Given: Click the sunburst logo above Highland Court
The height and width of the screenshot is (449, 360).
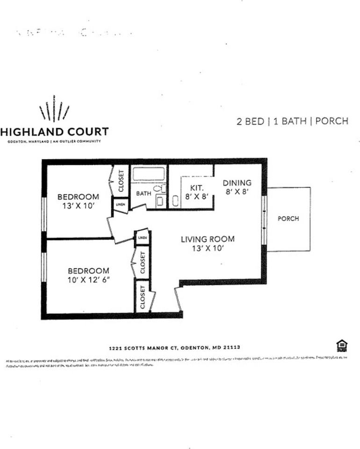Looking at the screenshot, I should click(x=54, y=109).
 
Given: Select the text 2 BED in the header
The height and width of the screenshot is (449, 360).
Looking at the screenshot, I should click(x=250, y=121).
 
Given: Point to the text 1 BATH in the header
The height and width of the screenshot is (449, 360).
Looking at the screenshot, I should click(x=289, y=121).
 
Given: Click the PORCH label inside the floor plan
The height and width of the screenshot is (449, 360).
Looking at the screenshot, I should click(x=288, y=218).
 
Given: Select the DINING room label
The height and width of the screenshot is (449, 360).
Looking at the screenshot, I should click(x=237, y=183).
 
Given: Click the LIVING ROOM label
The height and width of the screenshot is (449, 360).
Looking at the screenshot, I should click(x=208, y=239).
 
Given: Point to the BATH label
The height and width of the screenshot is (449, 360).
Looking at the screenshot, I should click(x=143, y=193).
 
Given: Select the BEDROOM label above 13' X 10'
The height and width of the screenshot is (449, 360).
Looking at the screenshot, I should click(x=78, y=197).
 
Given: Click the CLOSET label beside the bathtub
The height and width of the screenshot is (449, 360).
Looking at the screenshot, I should click(x=121, y=180).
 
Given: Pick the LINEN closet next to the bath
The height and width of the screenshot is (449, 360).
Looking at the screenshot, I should click(x=120, y=205).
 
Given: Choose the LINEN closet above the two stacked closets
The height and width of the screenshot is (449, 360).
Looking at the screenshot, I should click(x=142, y=238).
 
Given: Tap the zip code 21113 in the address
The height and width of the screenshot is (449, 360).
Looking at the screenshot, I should click(x=231, y=348).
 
